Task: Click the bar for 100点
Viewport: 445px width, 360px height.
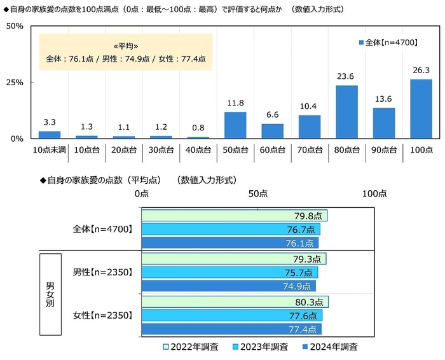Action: pyautogui.click(x=421, y=109)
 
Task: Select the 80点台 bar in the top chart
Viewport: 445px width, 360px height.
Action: pyautogui.click(x=347, y=112)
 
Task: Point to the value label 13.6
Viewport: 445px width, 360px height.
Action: pyautogui.click(x=384, y=99)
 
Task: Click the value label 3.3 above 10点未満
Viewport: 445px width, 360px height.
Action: pyautogui.click(x=49, y=123)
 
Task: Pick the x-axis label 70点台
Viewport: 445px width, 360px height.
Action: pyautogui.click(x=310, y=149)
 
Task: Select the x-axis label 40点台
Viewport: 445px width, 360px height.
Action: pyautogui.click(x=198, y=149)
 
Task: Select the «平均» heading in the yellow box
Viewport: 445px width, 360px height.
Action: pyautogui.click(x=125, y=46)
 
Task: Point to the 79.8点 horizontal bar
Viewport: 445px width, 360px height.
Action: pyautogui.click(x=234, y=215)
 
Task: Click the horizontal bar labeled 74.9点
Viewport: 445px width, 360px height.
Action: pyautogui.click(x=228, y=286)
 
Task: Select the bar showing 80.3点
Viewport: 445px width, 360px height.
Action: pyautogui.click(x=235, y=301)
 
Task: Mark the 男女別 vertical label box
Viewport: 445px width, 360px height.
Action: pyautogui.click(x=50, y=293)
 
